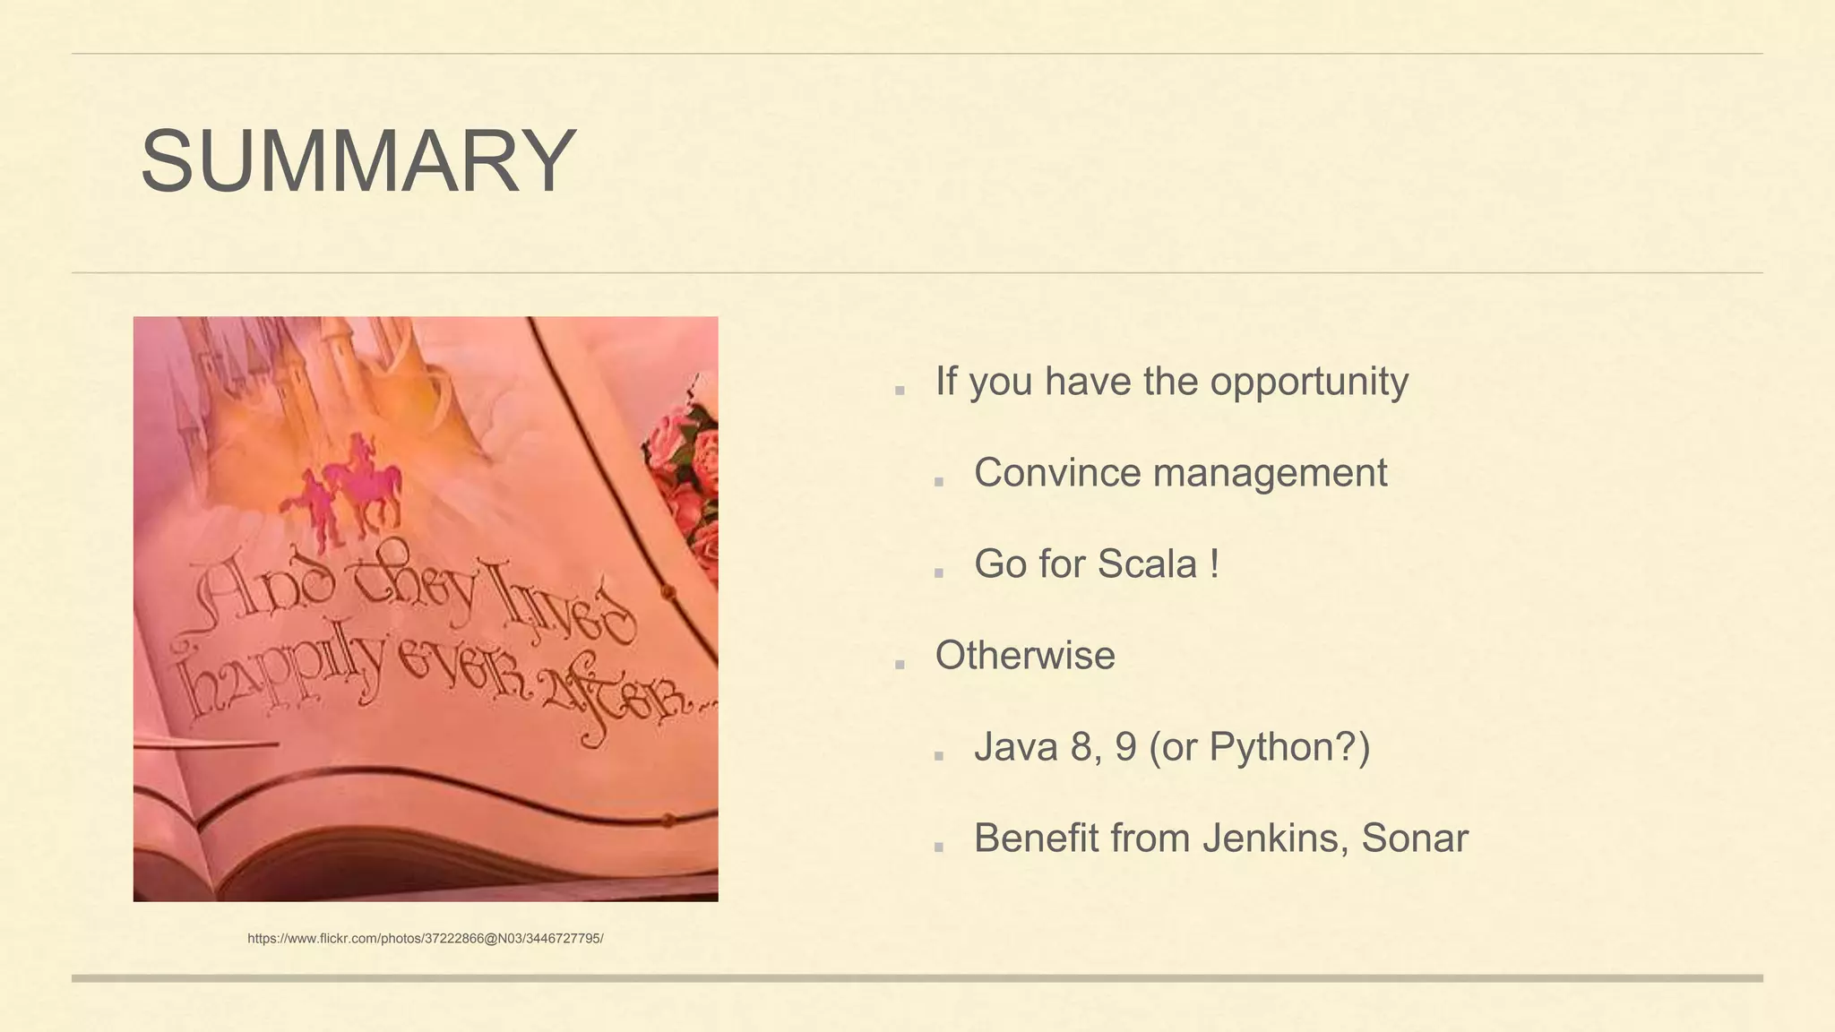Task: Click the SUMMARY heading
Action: pos(358,161)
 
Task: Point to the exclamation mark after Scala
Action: pos(1214,564)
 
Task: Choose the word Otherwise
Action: pos(1025,656)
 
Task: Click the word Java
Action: pos(1016,747)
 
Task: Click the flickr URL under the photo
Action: pos(425,939)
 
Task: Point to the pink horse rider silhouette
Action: pos(367,484)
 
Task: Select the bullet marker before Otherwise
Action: pos(900,664)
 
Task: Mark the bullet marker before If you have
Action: pos(900,390)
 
